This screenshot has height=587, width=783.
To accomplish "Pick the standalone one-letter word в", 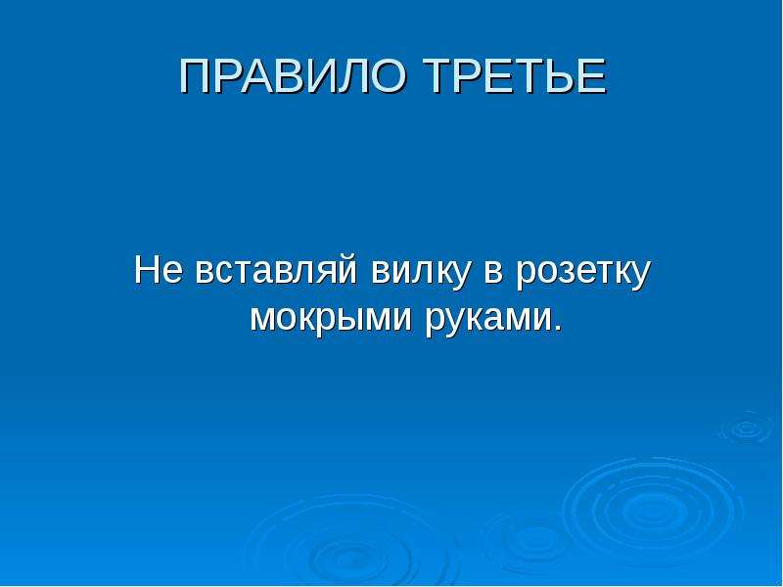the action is tap(493, 274).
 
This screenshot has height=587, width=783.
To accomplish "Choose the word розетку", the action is tap(583, 275).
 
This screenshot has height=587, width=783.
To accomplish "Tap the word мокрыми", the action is tap(330, 317).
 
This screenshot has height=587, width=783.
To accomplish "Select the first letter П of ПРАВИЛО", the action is tap(194, 76).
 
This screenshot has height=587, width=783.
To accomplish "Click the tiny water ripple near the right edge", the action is tap(747, 429).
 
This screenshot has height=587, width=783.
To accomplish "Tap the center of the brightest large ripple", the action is tap(650, 512).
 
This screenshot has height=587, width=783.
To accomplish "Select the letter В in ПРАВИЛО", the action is tap(299, 76).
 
